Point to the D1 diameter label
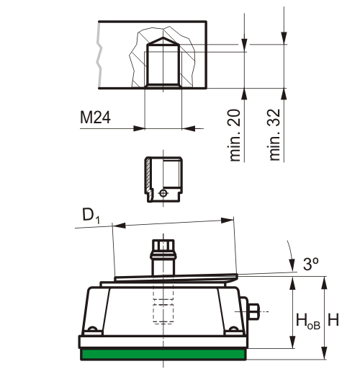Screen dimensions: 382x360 [x=89, y=215]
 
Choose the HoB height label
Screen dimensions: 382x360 [x=307, y=319]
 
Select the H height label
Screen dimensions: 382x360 [x=333, y=318]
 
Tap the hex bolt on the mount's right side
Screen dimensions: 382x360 [x=254, y=311]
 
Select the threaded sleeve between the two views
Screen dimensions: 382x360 [x=163, y=180]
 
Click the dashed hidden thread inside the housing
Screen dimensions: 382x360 [x=163, y=310]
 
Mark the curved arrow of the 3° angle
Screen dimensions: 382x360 [x=292, y=257]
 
